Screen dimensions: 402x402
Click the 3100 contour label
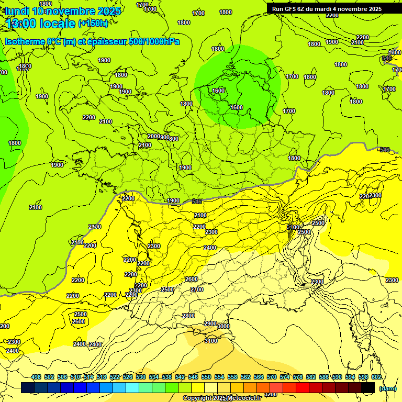click(211, 341)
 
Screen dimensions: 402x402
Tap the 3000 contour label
click(224, 326)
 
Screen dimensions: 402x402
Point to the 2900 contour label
click(210, 323)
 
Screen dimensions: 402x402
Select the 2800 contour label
click(188, 316)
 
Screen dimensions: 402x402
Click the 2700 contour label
click(197, 289)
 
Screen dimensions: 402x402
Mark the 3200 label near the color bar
click(271, 394)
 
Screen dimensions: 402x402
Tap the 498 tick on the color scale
click(36, 377)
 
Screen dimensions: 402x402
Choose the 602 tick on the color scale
click(376, 377)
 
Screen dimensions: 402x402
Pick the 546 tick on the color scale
click(193, 377)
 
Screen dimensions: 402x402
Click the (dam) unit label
click(387, 388)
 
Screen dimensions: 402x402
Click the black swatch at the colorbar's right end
click(368, 388)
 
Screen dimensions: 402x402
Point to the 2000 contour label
click(153, 136)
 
